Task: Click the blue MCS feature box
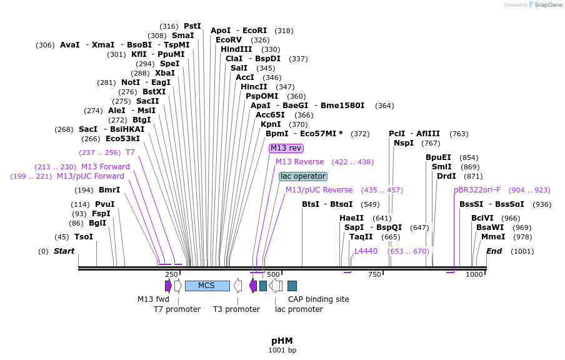tap(207, 286)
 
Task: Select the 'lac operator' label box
tap(302, 176)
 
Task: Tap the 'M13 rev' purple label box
tap(286, 148)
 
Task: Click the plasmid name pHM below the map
tap(282, 341)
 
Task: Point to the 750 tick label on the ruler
tap(375, 275)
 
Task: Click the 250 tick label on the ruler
tap(171, 275)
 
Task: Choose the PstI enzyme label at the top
tap(192, 26)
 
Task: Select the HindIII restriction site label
tap(236, 49)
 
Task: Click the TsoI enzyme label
tap(84, 237)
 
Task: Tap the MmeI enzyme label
tap(493, 237)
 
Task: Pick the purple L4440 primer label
tap(366, 251)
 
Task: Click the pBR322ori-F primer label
tap(477, 190)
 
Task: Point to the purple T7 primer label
tap(130, 152)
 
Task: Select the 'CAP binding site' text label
tap(318, 299)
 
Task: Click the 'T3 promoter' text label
tap(236, 309)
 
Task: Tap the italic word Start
tap(64, 251)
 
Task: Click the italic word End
tap(494, 251)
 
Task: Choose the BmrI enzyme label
tap(109, 190)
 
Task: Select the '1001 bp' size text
tap(282, 351)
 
